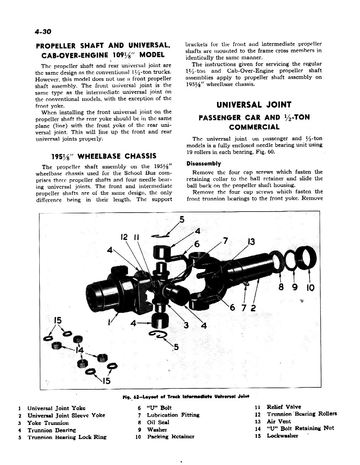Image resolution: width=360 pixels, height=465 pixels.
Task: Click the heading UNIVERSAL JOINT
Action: point(254,105)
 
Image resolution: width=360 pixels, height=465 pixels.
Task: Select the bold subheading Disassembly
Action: point(204,164)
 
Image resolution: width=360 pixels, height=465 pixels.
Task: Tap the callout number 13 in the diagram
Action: point(251,242)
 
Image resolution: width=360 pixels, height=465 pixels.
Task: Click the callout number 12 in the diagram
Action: point(124,236)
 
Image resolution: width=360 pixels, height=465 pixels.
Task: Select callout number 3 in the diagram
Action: point(186,325)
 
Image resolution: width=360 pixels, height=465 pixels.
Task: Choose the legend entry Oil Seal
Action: point(158,422)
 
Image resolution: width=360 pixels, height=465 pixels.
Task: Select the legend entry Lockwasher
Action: point(282,436)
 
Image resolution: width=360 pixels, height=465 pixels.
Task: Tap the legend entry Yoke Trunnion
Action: point(48,423)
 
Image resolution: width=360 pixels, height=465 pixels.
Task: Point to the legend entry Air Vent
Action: point(279,422)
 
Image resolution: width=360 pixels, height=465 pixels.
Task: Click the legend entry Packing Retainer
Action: point(170,437)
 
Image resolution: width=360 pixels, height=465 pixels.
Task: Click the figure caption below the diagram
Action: point(180,396)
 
